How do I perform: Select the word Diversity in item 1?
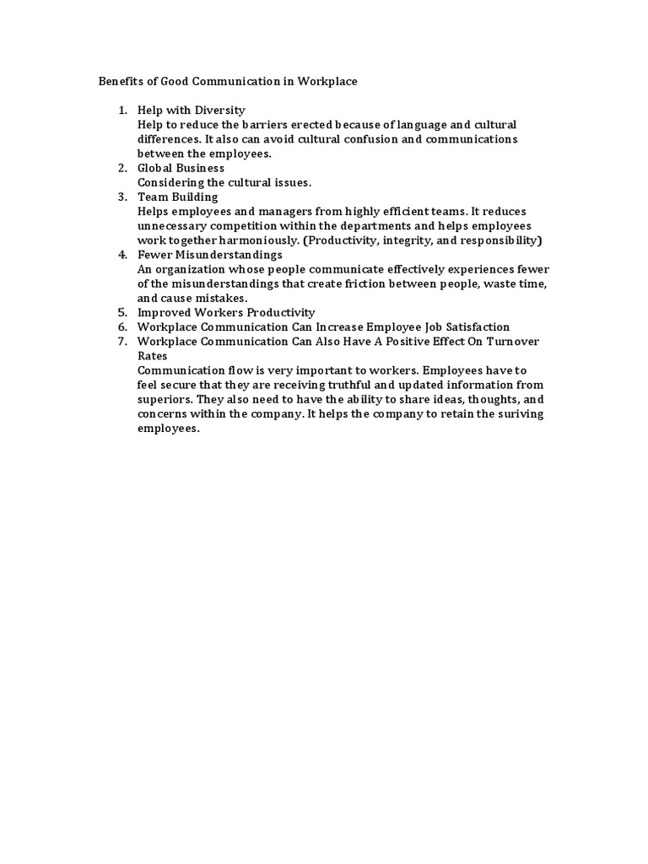tap(219, 111)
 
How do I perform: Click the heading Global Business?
tap(181, 168)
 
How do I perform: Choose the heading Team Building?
tap(178, 197)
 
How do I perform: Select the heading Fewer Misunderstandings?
tap(210, 254)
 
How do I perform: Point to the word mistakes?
tap(219, 298)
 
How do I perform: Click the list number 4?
tap(122, 254)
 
